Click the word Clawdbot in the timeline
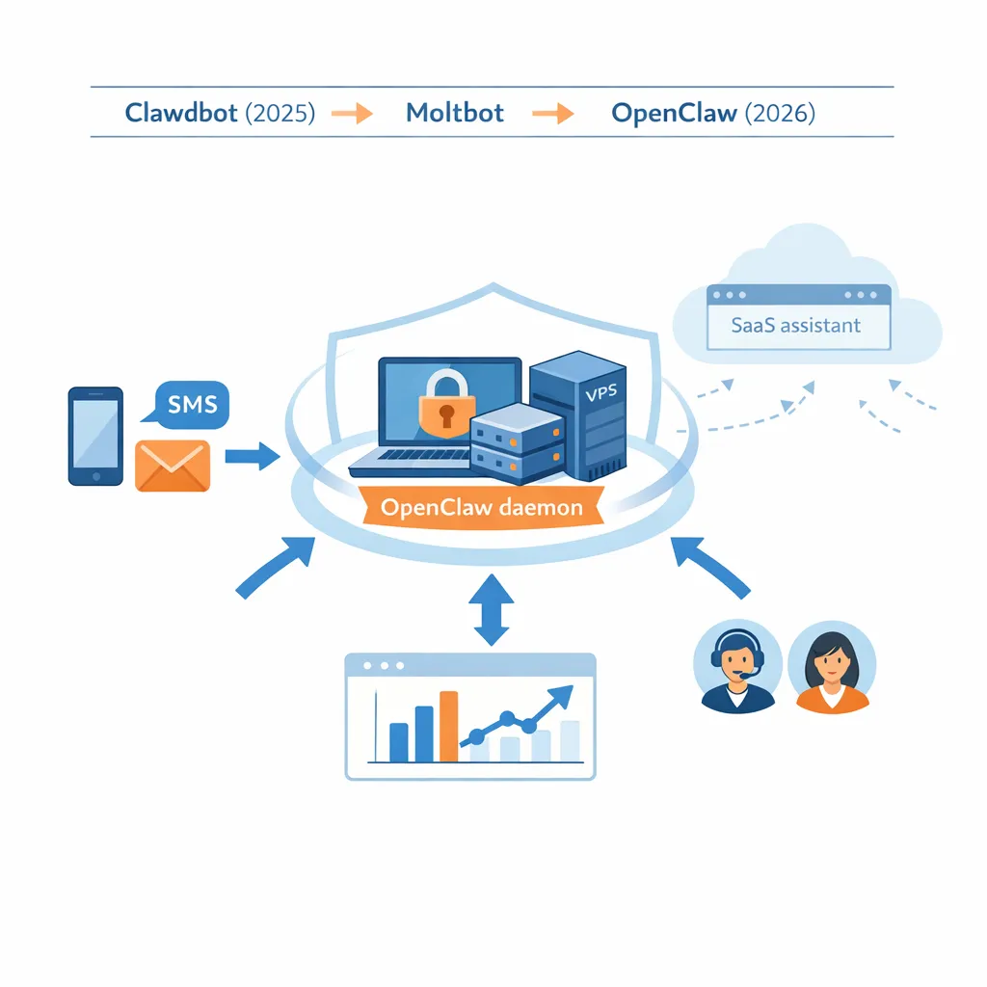point(182,113)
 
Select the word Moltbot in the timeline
point(455,113)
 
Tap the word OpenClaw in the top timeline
point(674,113)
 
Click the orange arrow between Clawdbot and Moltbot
point(352,114)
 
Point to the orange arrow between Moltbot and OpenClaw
point(553,114)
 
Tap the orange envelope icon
point(173,466)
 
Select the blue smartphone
point(95,436)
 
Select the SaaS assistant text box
point(797,326)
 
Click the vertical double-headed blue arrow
point(493,610)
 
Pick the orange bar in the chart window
point(448,726)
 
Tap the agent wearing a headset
point(737,667)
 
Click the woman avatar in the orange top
point(832,667)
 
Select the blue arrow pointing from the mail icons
point(251,455)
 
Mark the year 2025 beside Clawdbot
point(280,113)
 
